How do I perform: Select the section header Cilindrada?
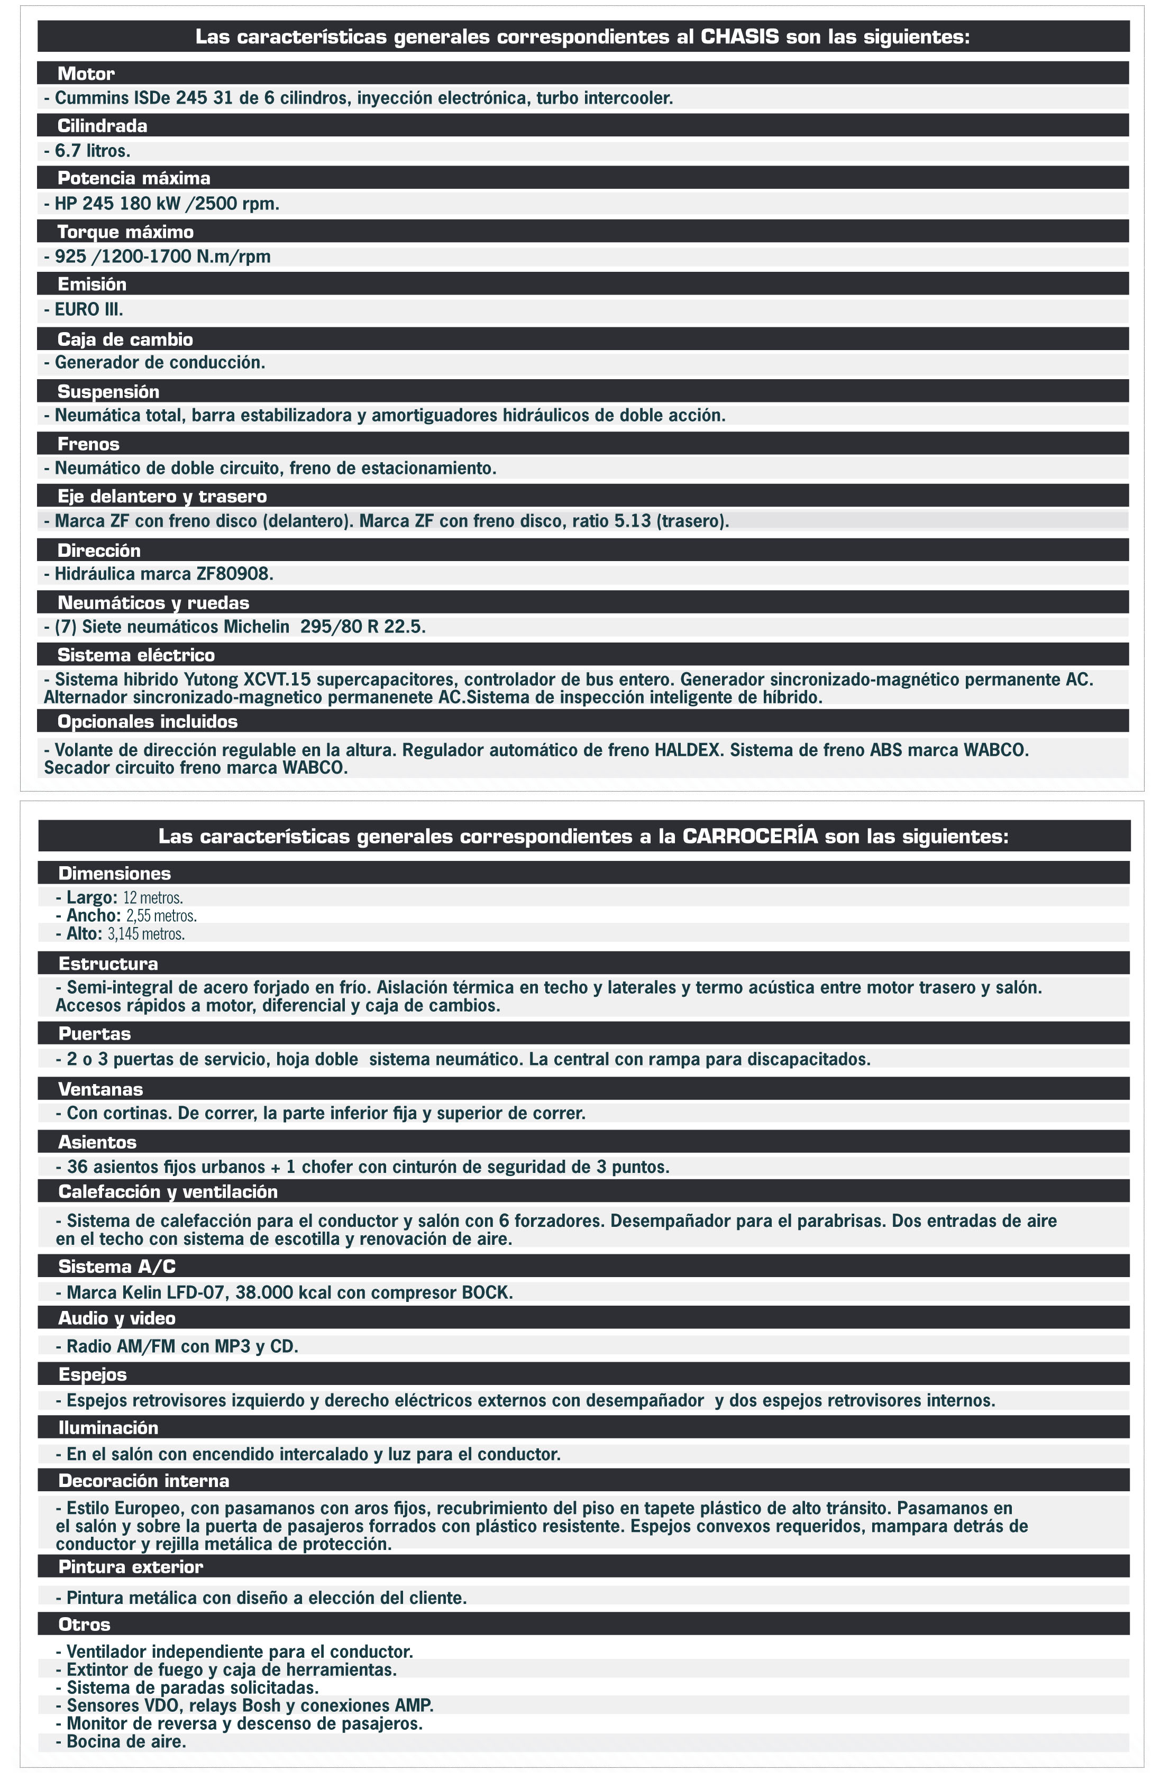[103, 126]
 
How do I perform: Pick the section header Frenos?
[88, 444]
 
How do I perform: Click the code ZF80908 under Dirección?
[234, 574]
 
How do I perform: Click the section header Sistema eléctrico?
[136, 655]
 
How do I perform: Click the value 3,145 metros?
[146, 934]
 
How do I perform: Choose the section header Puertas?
[94, 1034]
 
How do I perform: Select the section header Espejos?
[92, 1374]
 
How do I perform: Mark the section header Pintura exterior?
[130, 1567]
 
